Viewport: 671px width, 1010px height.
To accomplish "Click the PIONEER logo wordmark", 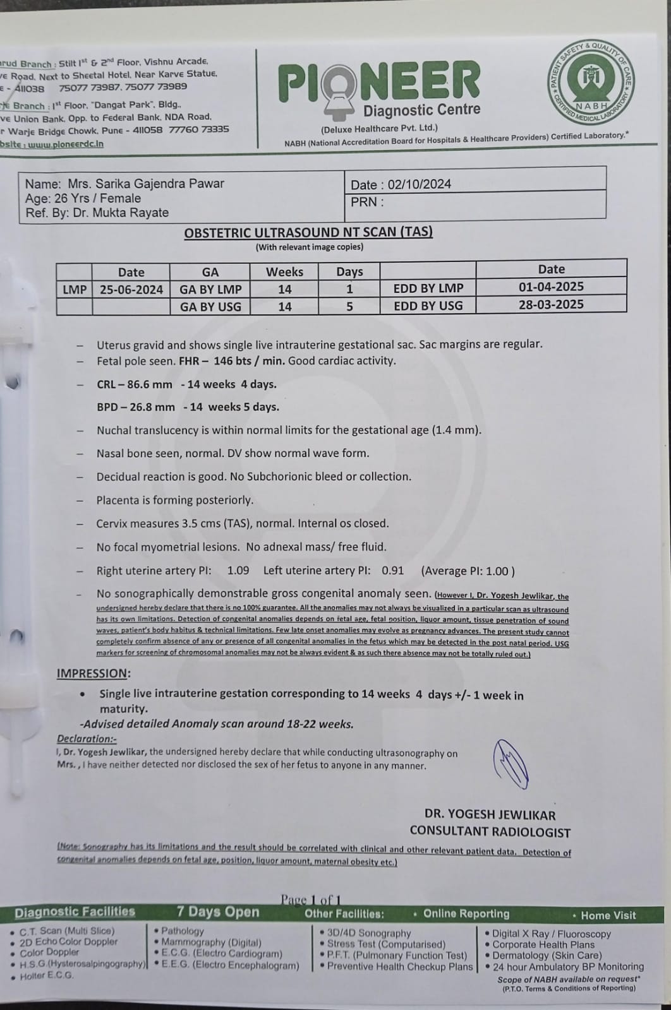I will click(379, 82).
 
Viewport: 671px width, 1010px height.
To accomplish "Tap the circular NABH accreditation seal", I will click(591, 81).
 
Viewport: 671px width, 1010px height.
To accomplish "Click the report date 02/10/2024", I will click(420, 184).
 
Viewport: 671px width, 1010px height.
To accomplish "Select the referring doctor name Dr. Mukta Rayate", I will click(121, 213).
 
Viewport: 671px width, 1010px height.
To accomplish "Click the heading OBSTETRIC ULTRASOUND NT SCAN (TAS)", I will click(308, 232).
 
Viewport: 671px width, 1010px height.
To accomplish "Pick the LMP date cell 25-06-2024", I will click(131, 290).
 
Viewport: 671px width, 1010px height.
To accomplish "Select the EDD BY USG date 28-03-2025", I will click(551, 305).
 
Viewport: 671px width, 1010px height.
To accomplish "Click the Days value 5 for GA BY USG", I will click(349, 307).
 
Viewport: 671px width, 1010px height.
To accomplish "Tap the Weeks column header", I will click(284, 272).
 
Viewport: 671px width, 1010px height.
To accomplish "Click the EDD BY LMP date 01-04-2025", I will click(551, 287).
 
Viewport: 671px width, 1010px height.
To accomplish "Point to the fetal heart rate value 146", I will click(224, 361).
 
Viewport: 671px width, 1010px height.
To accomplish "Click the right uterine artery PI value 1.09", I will click(238, 571).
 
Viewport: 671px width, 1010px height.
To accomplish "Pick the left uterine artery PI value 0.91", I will click(392, 571).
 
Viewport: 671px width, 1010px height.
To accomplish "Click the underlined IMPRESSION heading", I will click(94, 674).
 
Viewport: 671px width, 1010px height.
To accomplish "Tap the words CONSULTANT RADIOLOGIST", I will click(490, 832).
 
